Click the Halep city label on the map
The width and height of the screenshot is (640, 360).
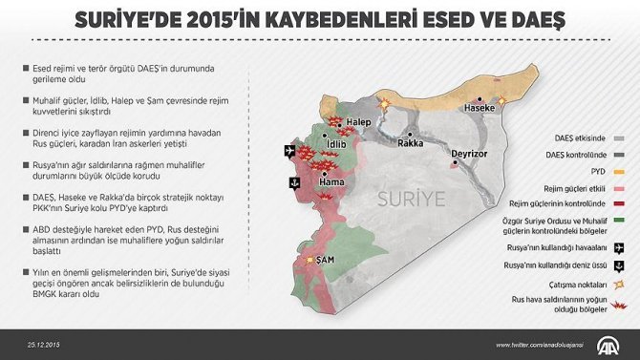click(x=358, y=123)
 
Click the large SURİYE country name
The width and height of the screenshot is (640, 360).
click(x=414, y=200)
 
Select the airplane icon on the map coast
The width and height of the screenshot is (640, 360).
click(x=289, y=150)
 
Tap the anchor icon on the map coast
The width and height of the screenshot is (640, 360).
click(x=294, y=182)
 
